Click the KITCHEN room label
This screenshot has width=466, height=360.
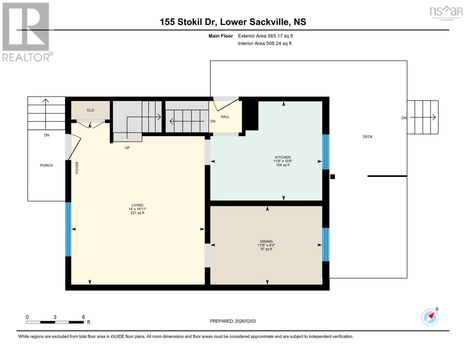click(x=283, y=157)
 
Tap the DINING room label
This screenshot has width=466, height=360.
click(x=266, y=241)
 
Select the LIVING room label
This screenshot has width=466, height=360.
click(x=137, y=205)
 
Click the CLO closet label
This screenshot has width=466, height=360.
click(x=90, y=110)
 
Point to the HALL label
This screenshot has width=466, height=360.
click(x=225, y=117)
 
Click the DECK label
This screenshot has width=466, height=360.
click(x=368, y=136)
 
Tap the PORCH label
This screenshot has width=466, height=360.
click(x=46, y=165)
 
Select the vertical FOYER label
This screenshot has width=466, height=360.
click(x=77, y=168)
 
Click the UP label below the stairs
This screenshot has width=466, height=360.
click(x=127, y=148)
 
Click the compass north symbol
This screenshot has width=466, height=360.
click(x=430, y=317)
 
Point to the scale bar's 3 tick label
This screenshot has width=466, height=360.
click(x=55, y=317)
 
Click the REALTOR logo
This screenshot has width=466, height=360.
click(x=26, y=32)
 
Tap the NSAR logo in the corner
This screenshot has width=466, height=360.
click(x=446, y=12)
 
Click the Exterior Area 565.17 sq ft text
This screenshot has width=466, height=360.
click(x=265, y=36)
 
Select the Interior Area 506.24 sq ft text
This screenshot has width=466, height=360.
click(x=265, y=43)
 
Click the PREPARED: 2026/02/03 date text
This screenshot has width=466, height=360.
click(x=233, y=321)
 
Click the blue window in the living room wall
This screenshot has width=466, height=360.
click(x=68, y=229)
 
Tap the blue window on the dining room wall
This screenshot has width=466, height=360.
click(x=326, y=244)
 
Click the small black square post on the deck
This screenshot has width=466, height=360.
click(x=332, y=177)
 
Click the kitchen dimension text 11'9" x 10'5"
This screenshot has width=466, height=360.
click(x=283, y=161)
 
